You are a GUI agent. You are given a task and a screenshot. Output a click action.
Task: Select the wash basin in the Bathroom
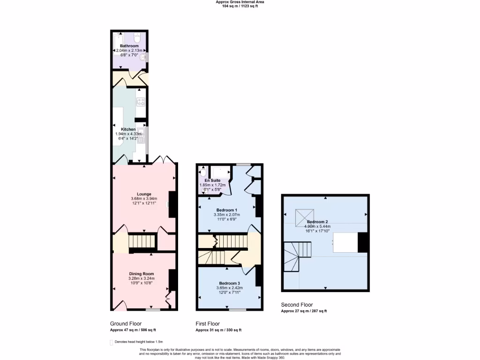point(145,57)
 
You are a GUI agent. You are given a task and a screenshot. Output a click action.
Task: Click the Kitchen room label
point(128,129)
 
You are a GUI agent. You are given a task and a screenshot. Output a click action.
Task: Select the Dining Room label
point(142,274)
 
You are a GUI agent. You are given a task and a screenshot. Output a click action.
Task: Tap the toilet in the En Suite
point(202,172)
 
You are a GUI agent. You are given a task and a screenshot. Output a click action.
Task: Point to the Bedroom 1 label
point(226,210)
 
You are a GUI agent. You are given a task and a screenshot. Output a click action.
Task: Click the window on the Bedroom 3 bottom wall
point(237,310)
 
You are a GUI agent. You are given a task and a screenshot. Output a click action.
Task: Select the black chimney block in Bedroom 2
point(363,242)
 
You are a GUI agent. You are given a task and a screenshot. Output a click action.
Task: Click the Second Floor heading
point(296,305)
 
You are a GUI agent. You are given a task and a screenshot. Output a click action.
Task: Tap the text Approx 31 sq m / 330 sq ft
point(218,330)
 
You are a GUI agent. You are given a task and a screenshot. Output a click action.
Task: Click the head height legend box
point(112,343)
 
